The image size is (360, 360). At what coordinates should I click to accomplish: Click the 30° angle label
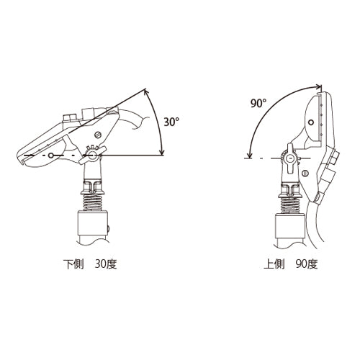[171, 122]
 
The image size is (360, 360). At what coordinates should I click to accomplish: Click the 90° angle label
[258, 104]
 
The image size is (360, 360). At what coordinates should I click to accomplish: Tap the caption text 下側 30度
[90, 264]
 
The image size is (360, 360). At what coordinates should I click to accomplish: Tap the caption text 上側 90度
[291, 264]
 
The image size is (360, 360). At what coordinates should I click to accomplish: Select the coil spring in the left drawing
[92, 202]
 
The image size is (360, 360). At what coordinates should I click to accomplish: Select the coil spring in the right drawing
[290, 205]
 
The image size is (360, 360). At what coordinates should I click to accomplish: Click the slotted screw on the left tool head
[97, 135]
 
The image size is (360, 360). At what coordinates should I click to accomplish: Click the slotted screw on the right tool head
[305, 173]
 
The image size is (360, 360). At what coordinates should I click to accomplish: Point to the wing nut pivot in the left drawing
[91, 155]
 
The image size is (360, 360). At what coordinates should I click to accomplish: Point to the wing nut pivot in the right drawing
[289, 158]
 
